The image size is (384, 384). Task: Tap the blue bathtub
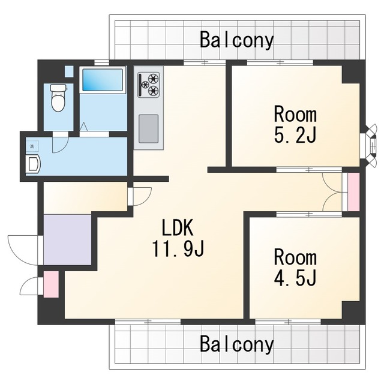pos(103,80)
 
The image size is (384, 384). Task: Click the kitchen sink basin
pos(148,129)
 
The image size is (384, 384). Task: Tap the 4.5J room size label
pos(295,278)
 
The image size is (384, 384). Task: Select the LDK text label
pos(178,228)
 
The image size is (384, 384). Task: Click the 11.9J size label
pos(178,248)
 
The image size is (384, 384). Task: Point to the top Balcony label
pos(236,40)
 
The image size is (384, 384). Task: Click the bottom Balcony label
pos(236,344)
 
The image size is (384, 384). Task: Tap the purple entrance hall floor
pos(67,239)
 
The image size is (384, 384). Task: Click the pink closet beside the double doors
pos(353,192)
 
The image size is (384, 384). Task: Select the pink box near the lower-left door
pos(51,284)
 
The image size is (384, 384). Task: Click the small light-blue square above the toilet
pos(69,71)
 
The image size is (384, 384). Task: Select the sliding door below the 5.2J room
pos(309,169)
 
